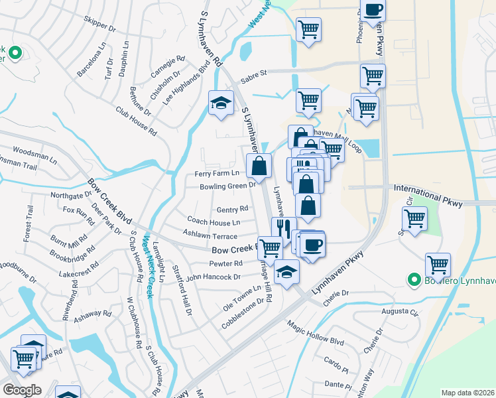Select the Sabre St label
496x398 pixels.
[x=253, y=76]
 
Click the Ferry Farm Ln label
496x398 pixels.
[x=216, y=174]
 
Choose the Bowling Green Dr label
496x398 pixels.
[x=227, y=186]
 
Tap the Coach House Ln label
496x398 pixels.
[x=214, y=221]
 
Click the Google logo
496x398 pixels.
[x=22, y=390]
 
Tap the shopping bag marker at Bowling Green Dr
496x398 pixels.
[x=259, y=165]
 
